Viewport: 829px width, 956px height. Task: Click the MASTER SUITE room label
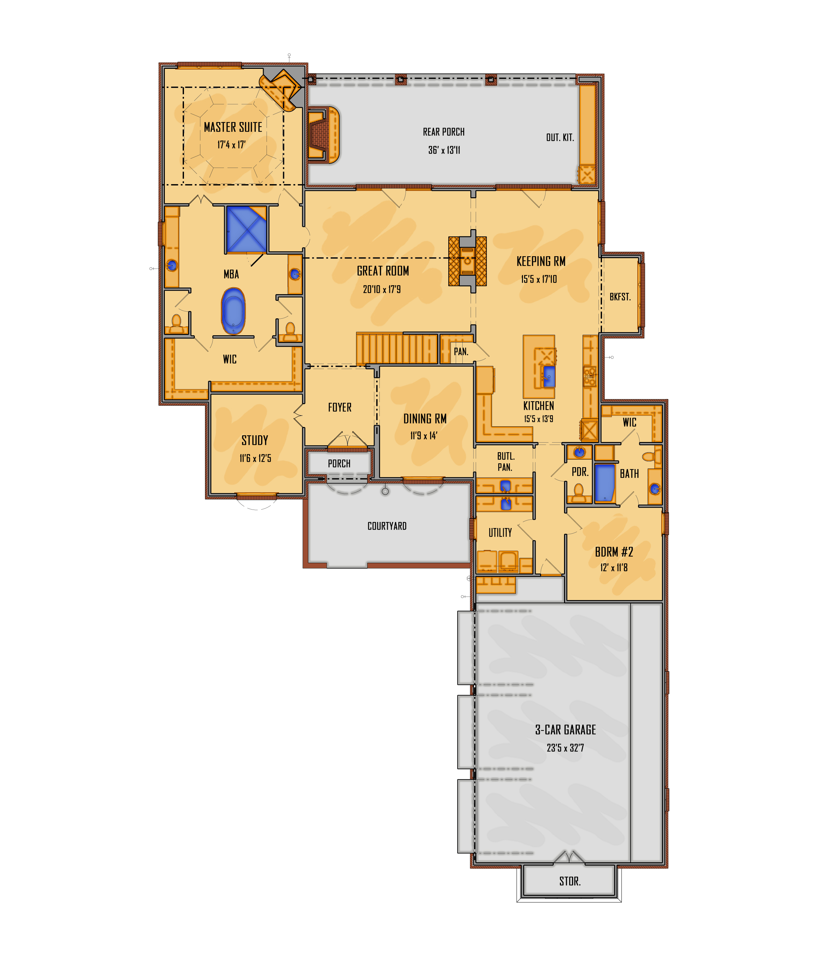233,127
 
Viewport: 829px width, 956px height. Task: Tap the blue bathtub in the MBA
233,311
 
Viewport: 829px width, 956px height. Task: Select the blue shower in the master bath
246,229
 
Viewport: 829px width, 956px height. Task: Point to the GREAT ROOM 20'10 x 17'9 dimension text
382,289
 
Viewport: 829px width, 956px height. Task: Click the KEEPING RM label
541,262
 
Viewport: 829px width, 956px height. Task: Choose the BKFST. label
620,297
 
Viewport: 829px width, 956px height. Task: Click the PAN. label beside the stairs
461,351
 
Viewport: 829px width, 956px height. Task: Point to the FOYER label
340,407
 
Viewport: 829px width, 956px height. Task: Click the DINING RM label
425,419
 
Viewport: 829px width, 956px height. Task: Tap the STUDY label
254,440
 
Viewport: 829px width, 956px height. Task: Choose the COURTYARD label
387,526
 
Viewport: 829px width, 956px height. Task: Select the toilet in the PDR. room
578,493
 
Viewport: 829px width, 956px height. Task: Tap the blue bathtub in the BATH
605,483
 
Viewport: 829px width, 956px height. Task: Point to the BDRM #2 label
614,552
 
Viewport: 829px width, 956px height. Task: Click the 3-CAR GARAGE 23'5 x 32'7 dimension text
565,748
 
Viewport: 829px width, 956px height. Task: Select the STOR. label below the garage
569,881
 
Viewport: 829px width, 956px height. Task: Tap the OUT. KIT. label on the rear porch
560,138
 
